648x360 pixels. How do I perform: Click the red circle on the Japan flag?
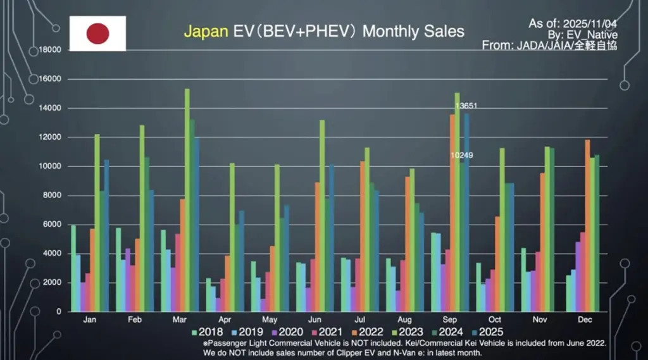(x=97, y=34)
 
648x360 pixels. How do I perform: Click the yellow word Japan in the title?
(x=205, y=31)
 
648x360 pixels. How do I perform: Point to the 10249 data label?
(x=461, y=155)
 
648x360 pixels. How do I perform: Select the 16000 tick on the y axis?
(x=50, y=79)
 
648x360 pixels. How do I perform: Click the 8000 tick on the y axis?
(x=52, y=196)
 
